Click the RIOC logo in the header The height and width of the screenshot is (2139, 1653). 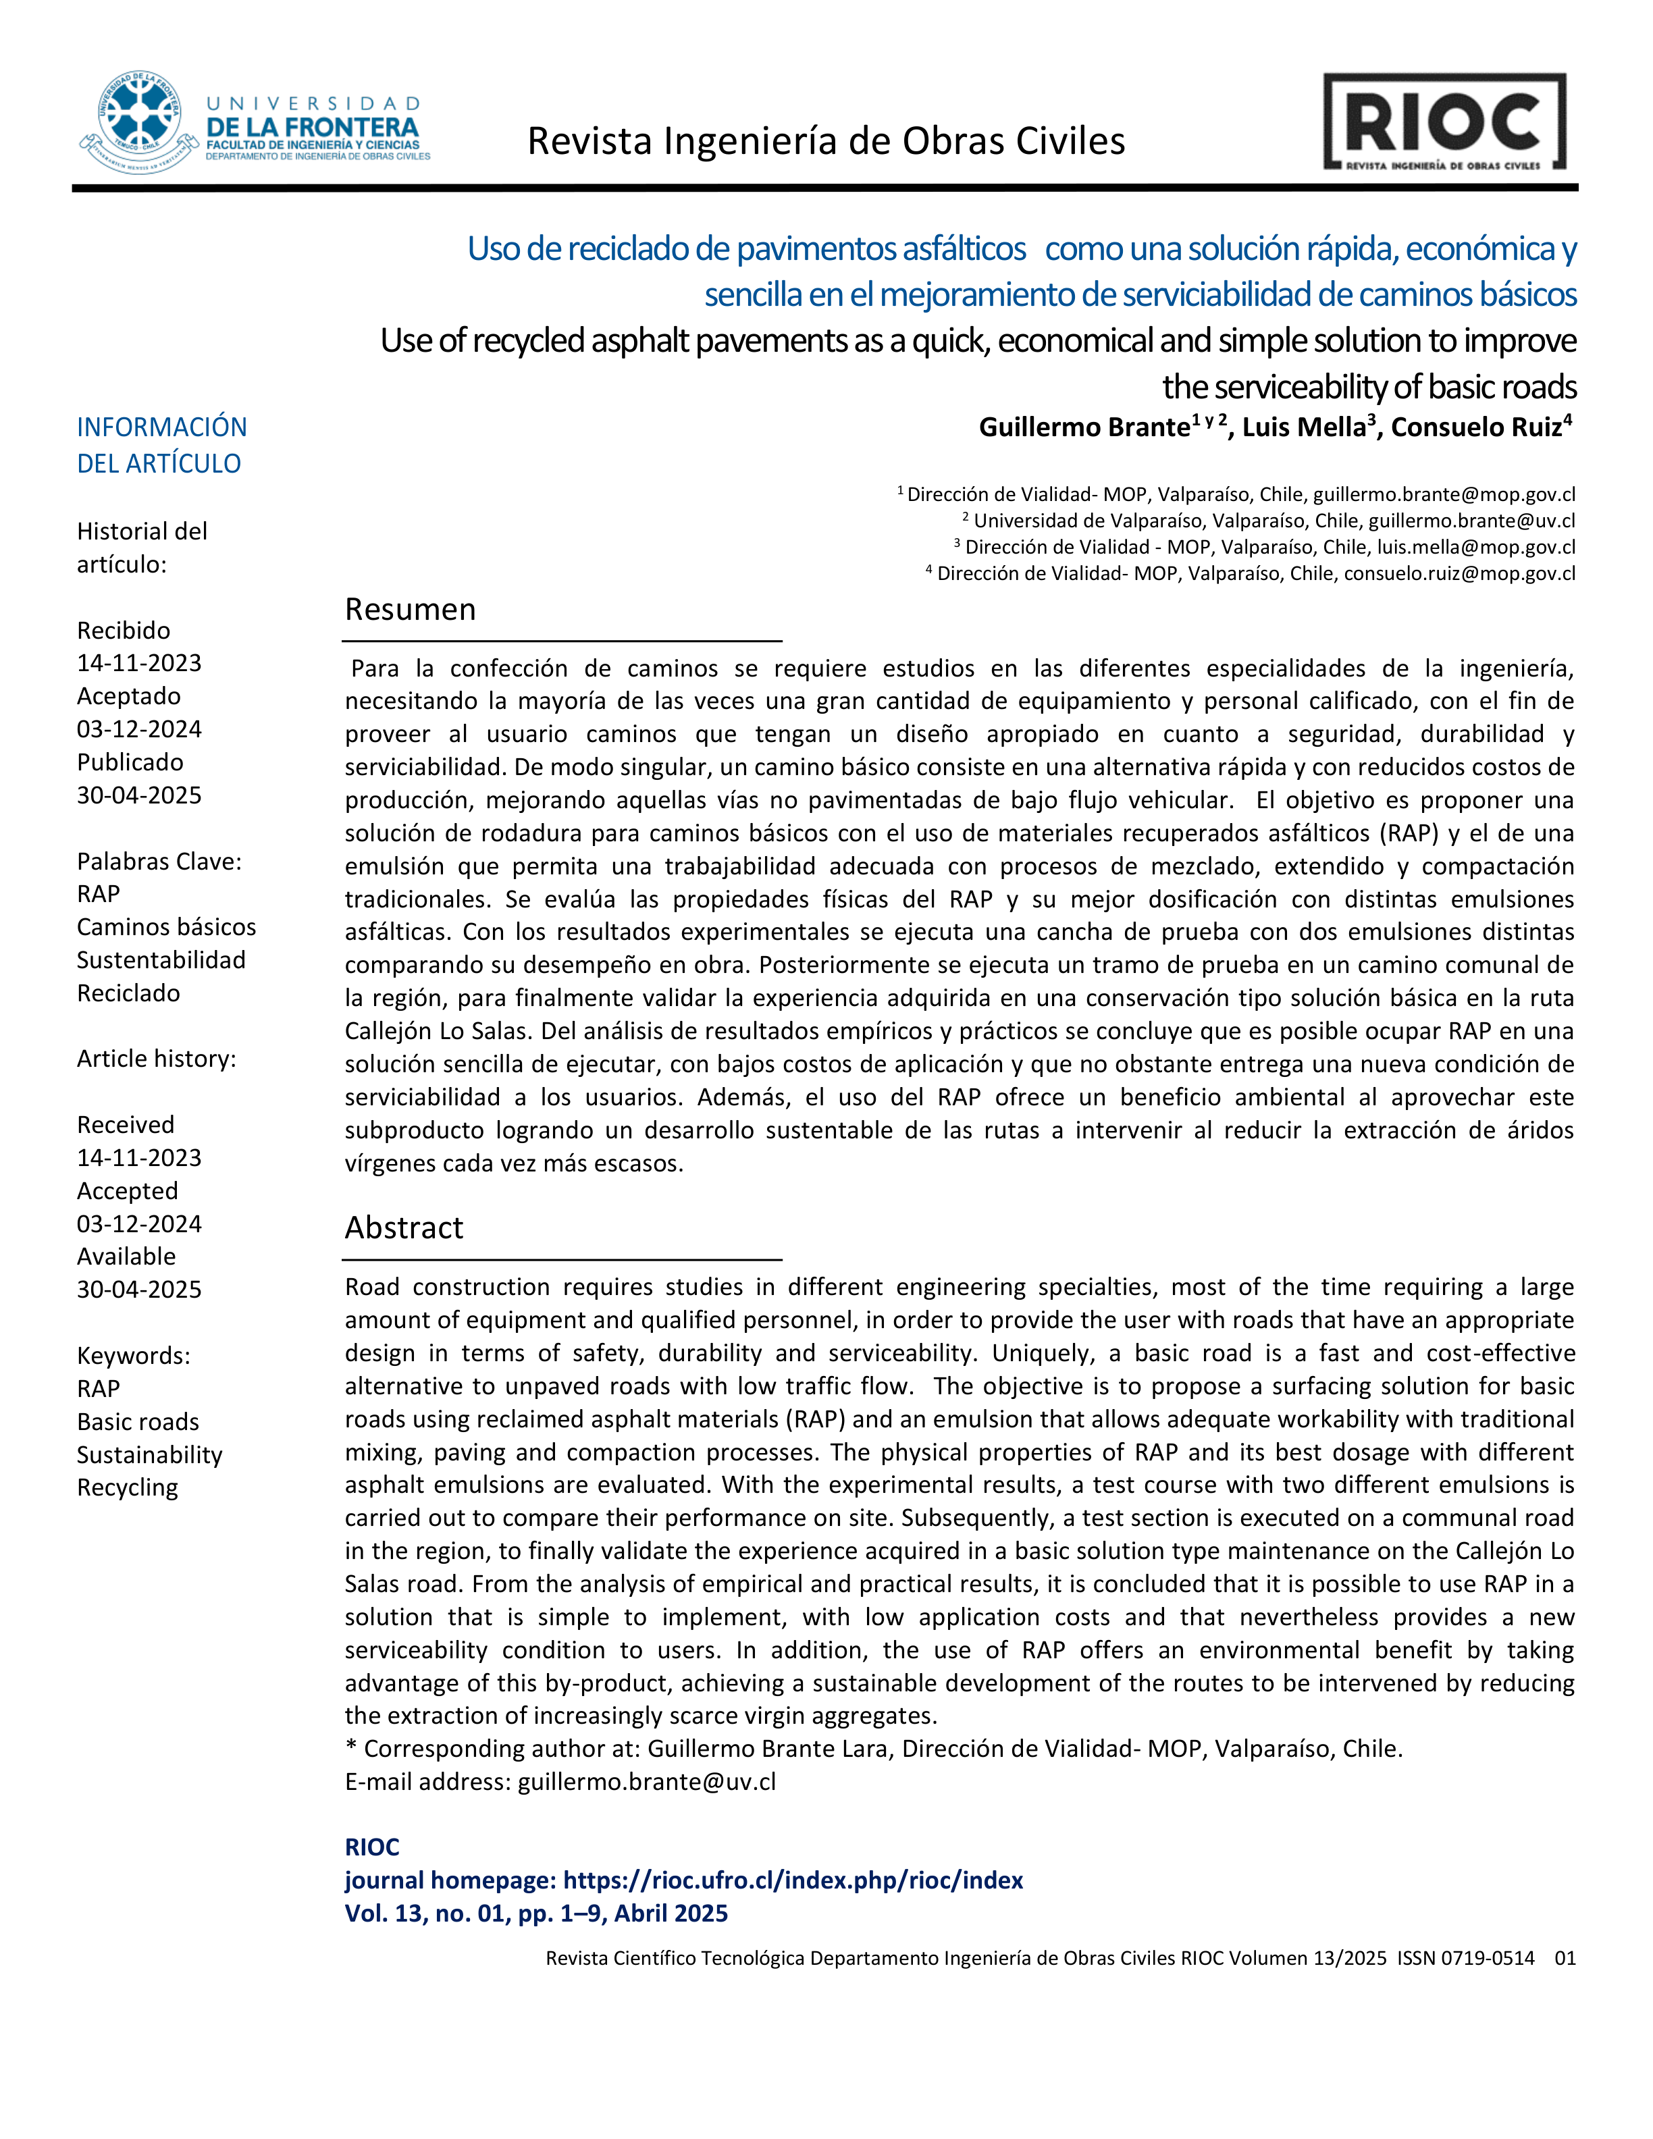tap(1444, 122)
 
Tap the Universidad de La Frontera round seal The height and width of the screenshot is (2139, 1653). tap(139, 122)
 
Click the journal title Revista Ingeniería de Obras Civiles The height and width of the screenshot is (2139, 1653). tap(826, 142)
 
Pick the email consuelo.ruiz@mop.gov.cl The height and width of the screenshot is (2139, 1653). tap(1459, 574)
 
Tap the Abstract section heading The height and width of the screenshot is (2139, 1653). tap(403, 1228)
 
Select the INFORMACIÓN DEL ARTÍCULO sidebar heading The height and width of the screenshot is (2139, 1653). tap(161, 446)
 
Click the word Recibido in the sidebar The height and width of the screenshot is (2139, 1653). tap(124, 631)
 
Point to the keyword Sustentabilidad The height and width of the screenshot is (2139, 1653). tap(161, 961)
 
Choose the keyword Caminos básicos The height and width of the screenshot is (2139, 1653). tap(167, 928)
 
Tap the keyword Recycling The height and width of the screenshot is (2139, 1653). tap(128, 1487)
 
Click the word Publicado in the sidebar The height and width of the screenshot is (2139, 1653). tap(130, 763)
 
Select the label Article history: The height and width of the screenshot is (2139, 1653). tap(157, 1059)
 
